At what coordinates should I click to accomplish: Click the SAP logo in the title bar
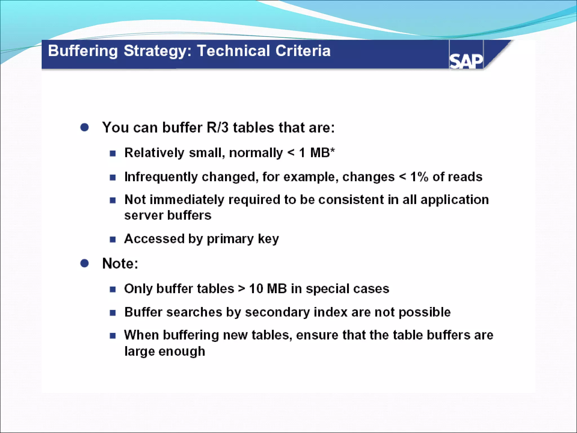pos(466,61)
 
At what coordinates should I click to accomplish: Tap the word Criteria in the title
pos(303,51)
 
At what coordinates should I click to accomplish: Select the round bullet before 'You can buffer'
pos(85,127)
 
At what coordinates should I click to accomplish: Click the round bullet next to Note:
pos(85,263)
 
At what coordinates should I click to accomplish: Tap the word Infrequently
pos(161,177)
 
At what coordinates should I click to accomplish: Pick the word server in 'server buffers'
pos(144,216)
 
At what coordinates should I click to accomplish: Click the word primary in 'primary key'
pos(230,239)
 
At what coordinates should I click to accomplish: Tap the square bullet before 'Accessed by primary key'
pos(113,240)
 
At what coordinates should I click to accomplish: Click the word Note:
pos(120,263)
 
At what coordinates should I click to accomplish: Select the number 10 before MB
pos(256,289)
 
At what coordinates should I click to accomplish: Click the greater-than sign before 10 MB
pos(241,289)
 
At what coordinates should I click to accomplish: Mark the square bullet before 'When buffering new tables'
pos(113,336)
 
